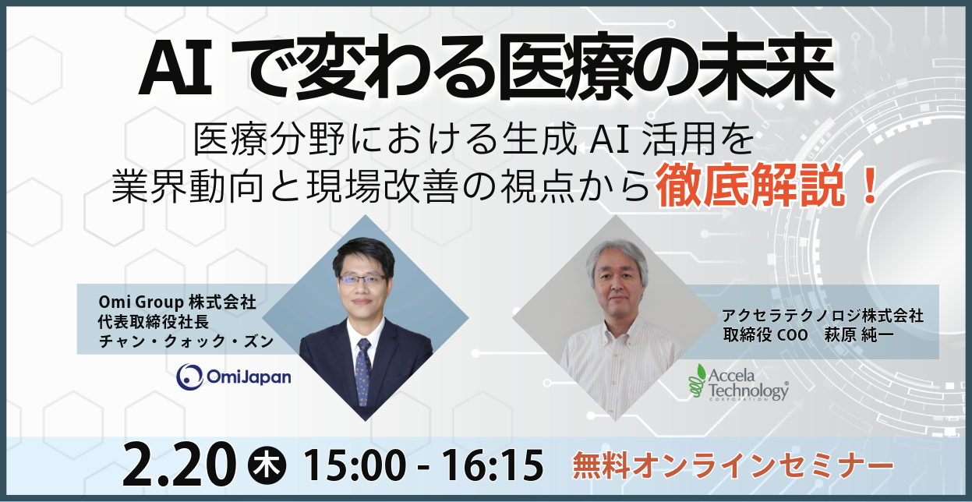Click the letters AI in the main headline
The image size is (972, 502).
pos(175,67)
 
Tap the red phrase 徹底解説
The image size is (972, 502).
pos(750,186)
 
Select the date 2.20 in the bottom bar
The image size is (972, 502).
pos(179,465)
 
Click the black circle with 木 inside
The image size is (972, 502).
pos(267,465)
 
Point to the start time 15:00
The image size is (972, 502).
pos(355,465)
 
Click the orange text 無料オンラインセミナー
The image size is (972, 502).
pos(733,466)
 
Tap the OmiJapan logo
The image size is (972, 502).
pos(234,376)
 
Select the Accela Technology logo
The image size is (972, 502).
pos(738,382)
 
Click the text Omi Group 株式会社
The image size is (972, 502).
pos(178,302)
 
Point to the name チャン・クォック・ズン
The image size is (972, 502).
pos(186,341)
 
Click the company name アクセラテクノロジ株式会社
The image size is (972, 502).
pos(822,316)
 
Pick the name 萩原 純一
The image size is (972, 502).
pos(858,334)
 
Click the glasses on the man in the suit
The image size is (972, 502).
pos(362,280)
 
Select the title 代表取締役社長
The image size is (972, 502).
pos(154,321)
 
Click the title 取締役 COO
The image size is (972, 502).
pos(765,334)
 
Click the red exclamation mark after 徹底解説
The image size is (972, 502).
pos(869,186)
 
